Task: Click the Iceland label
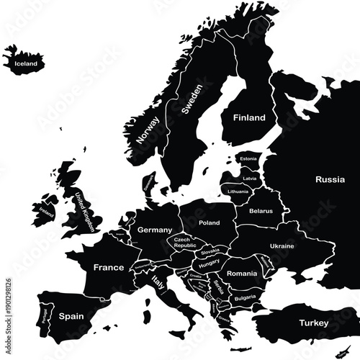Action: (24, 63)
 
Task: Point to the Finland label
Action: (248, 117)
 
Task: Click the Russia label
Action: (330, 179)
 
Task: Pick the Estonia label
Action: (248, 158)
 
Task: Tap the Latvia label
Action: (250, 178)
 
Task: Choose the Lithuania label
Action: (238, 192)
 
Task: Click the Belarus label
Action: (261, 211)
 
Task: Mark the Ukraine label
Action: (282, 246)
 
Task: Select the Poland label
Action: (210, 223)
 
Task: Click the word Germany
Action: (153, 230)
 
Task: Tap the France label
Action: (109, 267)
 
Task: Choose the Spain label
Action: (71, 316)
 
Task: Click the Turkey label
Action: (314, 324)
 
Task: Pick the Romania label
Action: (241, 274)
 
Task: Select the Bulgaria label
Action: (246, 297)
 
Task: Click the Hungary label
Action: (209, 264)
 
